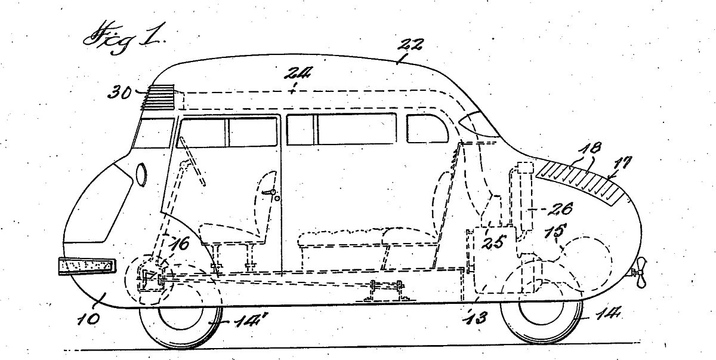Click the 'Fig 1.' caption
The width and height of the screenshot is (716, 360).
click(124, 39)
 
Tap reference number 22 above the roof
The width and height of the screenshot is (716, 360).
click(410, 45)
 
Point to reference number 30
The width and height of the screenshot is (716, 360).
click(119, 93)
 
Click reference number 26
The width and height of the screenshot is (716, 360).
click(560, 209)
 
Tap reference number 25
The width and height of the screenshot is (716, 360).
click(494, 242)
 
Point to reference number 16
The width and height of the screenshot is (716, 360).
click(181, 244)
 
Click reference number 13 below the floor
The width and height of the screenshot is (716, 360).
click(477, 318)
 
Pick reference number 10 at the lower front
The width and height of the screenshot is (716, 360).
click(88, 319)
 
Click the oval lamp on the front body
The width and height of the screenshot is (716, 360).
click(141, 174)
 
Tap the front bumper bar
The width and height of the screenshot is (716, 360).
click(87, 266)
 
